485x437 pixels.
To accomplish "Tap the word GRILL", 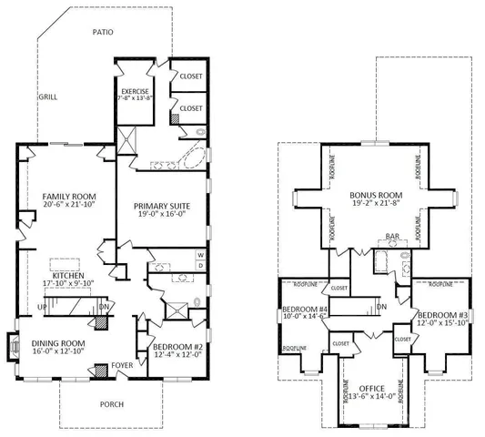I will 47,97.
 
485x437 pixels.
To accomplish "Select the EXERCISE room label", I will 136,92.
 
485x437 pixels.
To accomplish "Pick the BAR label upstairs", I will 392,238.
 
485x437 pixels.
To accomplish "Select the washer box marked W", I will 199,256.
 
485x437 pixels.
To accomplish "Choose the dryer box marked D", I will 199,267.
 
